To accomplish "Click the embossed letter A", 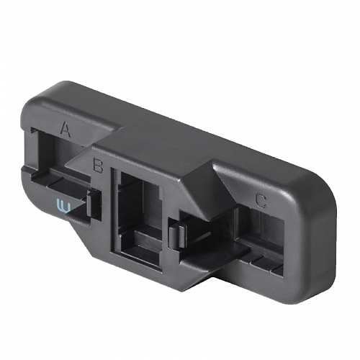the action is coord(66,130).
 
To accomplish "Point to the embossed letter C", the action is coord(261,201).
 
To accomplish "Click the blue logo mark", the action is coord(63,206).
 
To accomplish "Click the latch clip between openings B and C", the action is coord(178,236).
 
